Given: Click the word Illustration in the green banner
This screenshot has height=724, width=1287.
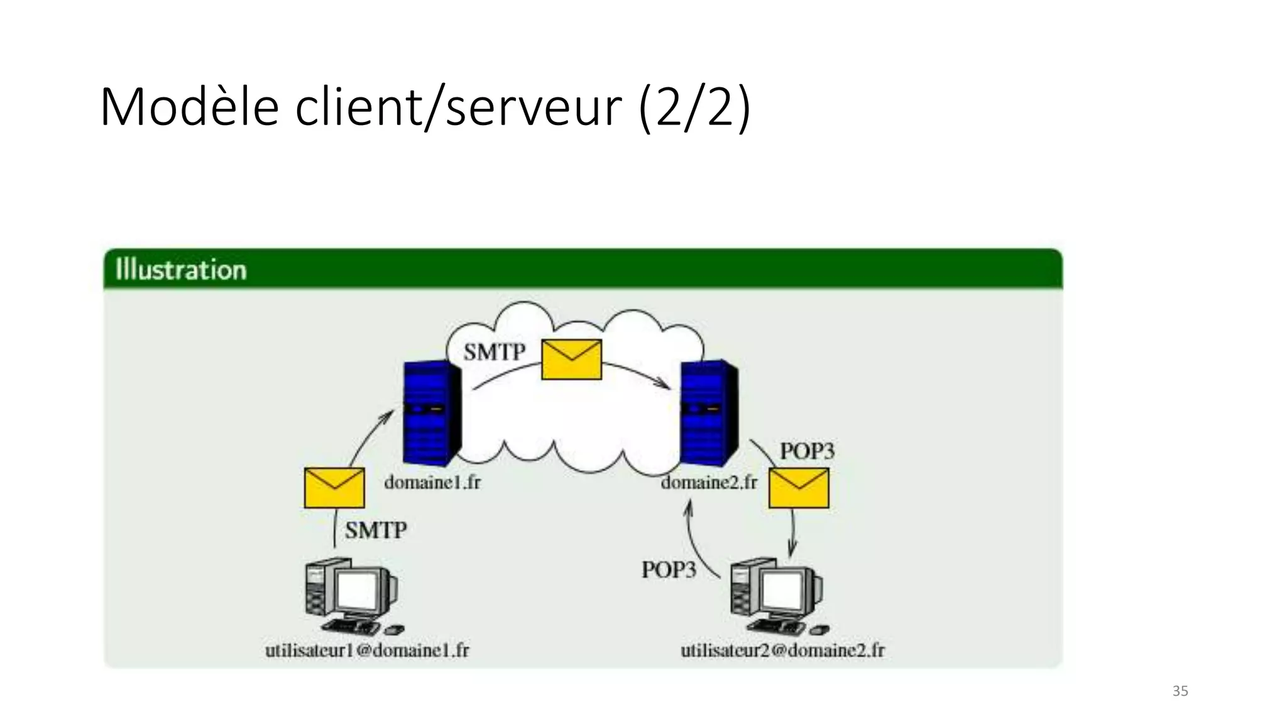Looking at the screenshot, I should coord(181,270).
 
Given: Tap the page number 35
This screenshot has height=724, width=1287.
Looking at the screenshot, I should coord(1180,691).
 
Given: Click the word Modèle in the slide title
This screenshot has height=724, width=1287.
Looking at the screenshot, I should coord(189,107).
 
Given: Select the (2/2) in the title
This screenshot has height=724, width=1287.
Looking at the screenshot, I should coord(694,107).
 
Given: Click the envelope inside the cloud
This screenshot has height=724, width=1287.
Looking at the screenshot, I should coord(571,359).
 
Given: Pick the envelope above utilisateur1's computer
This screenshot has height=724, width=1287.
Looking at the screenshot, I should coord(334,488).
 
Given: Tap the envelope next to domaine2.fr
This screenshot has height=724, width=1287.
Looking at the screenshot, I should coord(799,488).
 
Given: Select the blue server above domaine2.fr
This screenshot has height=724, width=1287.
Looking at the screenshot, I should coord(709,412).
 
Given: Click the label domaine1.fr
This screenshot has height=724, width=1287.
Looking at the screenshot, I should coord(432,483).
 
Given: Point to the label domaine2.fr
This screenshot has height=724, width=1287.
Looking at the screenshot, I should coord(709,483).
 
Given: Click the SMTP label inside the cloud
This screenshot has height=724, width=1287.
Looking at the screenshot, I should coord(494,352).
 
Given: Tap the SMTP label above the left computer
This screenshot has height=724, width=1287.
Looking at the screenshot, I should coord(376,530).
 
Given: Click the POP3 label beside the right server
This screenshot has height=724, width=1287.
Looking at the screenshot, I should coord(807,451).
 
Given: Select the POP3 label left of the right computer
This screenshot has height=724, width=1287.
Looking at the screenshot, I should coord(669,570).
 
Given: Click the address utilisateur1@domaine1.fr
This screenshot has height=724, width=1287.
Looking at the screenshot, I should coord(367,650).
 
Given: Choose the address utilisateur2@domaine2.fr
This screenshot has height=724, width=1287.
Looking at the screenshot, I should coord(782,650).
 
